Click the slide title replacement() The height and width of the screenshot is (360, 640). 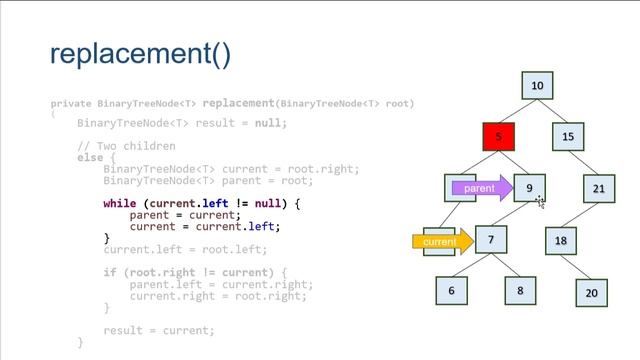click(140, 53)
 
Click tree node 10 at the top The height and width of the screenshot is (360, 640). click(537, 86)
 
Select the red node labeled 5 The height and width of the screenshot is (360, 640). click(499, 136)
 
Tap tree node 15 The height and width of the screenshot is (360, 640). click(568, 136)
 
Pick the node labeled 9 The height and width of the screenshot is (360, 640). click(530, 188)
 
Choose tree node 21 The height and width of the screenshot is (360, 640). click(599, 188)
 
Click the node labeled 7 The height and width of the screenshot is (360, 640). click(491, 240)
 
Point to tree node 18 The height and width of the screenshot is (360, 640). click(561, 240)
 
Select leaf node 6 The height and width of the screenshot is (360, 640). click(452, 291)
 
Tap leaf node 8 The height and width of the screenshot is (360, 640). click(520, 291)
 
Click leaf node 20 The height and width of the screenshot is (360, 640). click(592, 293)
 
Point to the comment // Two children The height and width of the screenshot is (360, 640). click(126, 146)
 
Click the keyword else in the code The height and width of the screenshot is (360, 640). click(89, 157)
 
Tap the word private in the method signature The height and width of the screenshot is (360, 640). click(70, 103)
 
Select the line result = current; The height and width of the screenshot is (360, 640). click(159, 330)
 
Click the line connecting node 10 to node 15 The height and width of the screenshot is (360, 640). click(553, 111)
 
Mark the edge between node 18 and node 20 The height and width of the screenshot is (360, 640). click(577, 266)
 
